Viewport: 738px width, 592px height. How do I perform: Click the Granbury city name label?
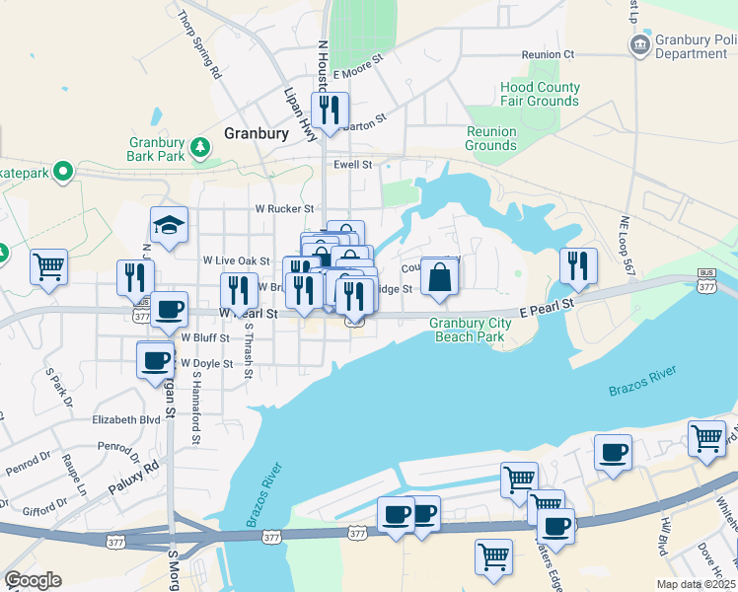[256, 133]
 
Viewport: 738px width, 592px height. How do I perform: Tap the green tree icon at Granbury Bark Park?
[200, 147]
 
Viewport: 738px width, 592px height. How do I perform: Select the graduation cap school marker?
[169, 225]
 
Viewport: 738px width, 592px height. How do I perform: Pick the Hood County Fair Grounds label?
[540, 94]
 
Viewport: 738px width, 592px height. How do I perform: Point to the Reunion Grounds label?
[491, 138]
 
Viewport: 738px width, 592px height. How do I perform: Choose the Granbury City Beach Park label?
[469, 330]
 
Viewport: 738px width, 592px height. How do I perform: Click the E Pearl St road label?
[547, 307]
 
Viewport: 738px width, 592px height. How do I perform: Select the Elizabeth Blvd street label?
[125, 419]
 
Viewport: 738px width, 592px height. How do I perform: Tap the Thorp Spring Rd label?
[200, 44]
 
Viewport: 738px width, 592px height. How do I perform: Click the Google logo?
[33, 580]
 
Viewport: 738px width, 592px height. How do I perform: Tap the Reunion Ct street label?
[548, 54]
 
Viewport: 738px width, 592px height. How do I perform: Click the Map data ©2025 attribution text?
[694, 583]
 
